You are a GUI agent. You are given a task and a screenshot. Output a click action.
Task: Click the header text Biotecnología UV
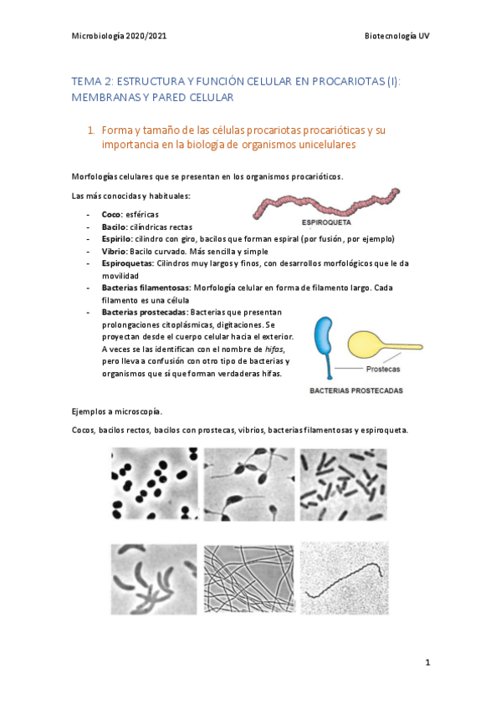pyautogui.click(x=396, y=36)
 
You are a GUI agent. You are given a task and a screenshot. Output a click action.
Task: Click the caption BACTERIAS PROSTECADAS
pyautogui.click(x=356, y=390)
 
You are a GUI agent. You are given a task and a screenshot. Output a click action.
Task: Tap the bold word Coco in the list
pyautogui.click(x=111, y=215)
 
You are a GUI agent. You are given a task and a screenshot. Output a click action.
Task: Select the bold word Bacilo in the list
pyautogui.click(x=113, y=227)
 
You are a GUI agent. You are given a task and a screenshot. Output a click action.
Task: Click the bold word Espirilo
pyautogui.click(x=115, y=238)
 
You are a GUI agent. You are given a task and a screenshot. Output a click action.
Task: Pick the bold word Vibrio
pyautogui.click(x=114, y=250)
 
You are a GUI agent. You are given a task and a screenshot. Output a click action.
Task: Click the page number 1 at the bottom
pyautogui.click(x=427, y=663)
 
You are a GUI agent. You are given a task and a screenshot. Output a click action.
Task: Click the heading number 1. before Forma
pyautogui.click(x=91, y=130)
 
